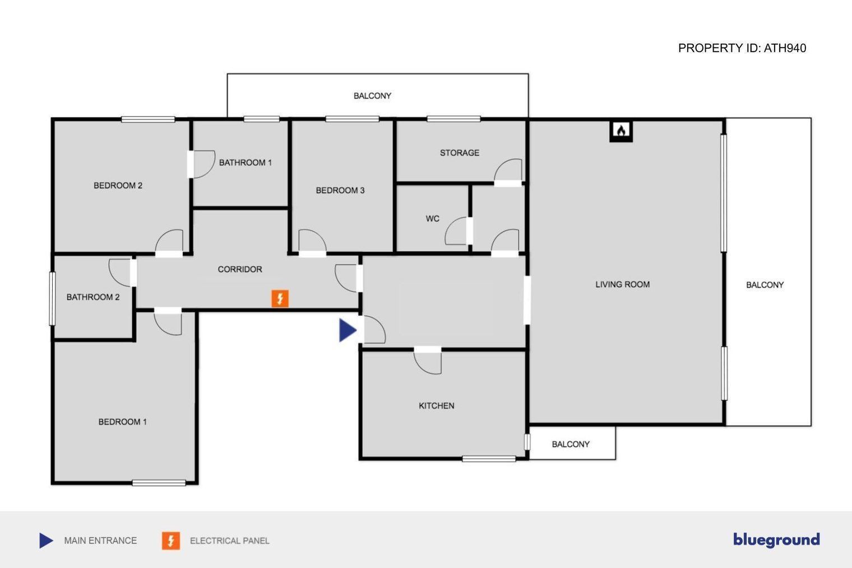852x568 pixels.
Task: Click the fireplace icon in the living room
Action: click(x=621, y=131)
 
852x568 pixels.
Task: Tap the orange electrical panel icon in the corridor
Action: click(x=280, y=298)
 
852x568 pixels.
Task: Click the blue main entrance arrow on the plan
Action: click(x=348, y=330)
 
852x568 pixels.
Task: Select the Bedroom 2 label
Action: click(x=118, y=186)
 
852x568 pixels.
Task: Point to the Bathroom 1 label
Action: click(x=246, y=163)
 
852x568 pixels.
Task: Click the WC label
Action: click(x=433, y=219)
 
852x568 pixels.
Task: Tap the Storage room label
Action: click(x=460, y=153)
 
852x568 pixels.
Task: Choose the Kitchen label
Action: click(x=436, y=406)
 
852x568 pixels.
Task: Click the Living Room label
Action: click(x=623, y=285)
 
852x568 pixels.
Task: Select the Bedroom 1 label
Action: click(x=122, y=422)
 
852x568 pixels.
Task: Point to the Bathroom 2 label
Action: click(x=93, y=297)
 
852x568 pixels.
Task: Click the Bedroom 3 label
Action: click(x=340, y=190)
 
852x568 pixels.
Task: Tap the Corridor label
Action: click(x=240, y=269)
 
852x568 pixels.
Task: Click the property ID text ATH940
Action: click(x=784, y=48)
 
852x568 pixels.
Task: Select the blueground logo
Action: click(x=776, y=540)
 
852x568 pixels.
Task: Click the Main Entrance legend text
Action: click(x=100, y=541)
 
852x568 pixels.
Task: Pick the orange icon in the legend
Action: click(x=171, y=541)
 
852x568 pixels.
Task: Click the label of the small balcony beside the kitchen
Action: click(x=571, y=444)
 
